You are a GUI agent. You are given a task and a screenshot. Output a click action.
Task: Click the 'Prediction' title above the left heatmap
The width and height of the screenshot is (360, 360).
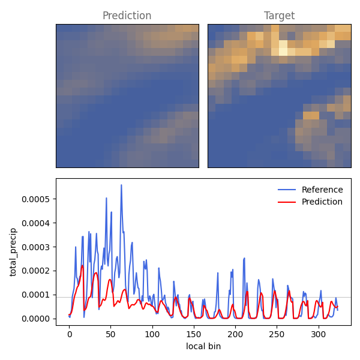(127, 16)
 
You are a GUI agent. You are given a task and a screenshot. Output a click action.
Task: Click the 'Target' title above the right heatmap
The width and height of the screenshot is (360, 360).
(279, 16)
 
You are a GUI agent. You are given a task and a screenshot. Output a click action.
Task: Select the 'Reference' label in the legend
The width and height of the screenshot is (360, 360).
(322, 190)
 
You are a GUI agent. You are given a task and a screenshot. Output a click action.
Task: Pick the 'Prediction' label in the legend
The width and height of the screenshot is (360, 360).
(322, 202)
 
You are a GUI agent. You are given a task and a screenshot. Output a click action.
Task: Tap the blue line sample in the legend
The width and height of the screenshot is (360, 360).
(287, 190)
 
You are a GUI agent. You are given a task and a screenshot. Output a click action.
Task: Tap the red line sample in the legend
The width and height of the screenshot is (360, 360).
(287, 202)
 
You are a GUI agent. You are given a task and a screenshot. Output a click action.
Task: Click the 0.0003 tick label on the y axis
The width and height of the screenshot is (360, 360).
(35, 247)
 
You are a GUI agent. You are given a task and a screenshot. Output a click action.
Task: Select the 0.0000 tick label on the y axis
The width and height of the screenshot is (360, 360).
(35, 319)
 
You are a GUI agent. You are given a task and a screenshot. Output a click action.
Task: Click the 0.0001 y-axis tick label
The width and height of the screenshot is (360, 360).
(35, 295)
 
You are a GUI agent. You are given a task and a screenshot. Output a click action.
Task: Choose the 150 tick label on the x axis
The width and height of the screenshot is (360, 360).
(194, 334)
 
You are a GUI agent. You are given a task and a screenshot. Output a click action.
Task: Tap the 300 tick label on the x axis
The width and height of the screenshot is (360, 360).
(318, 334)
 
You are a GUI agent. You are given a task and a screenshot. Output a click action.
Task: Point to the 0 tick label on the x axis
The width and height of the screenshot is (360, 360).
(70, 334)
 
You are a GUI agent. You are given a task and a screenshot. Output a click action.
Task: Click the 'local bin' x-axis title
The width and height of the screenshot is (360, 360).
(203, 346)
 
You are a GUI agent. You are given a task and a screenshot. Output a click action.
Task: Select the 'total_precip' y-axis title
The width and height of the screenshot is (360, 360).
(13, 252)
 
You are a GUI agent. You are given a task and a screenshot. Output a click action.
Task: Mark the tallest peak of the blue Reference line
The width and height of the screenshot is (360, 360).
(121, 185)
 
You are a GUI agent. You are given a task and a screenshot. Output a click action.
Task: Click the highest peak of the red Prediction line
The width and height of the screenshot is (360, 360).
(82, 265)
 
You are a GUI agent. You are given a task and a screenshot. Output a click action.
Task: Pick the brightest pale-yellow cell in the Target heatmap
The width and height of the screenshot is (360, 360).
(283, 52)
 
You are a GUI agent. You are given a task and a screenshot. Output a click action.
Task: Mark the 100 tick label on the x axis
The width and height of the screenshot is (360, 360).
(152, 334)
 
